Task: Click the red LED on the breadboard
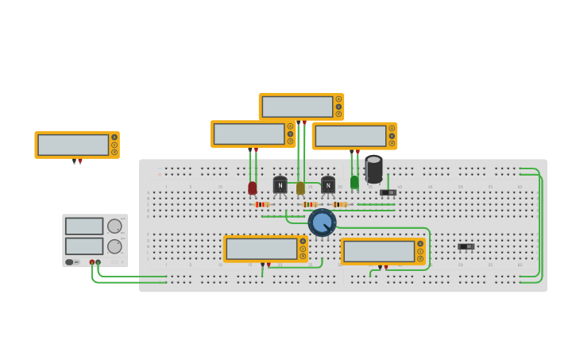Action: click(x=253, y=188)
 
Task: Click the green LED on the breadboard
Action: click(x=354, y=182)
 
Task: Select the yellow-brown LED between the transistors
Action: click(x=300, y=188)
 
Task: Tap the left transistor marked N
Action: click(x=280, y=185)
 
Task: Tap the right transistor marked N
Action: click(x=328, y=185)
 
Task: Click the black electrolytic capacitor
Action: click(x=373, y=169)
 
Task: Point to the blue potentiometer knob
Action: click(x=322, y=223)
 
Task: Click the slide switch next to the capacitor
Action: click(x=388, y=192)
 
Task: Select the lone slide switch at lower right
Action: click(x=466, y=246)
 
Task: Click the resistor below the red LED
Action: click(x=261, y=204)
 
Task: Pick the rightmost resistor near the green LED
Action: click(x=340, y=204)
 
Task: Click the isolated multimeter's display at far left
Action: click(x=73, y=145)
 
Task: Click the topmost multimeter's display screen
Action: click(x=297, y=106)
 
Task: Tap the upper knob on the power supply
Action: click(x=114, y=226)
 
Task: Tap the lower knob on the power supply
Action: click(x=114, y=246)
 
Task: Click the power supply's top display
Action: click(x=84, y=226)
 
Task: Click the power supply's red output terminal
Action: click(x=92, y=261)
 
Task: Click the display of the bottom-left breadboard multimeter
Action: click(x=261, y=249)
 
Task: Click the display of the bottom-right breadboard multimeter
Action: click(x=379, y=251)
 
